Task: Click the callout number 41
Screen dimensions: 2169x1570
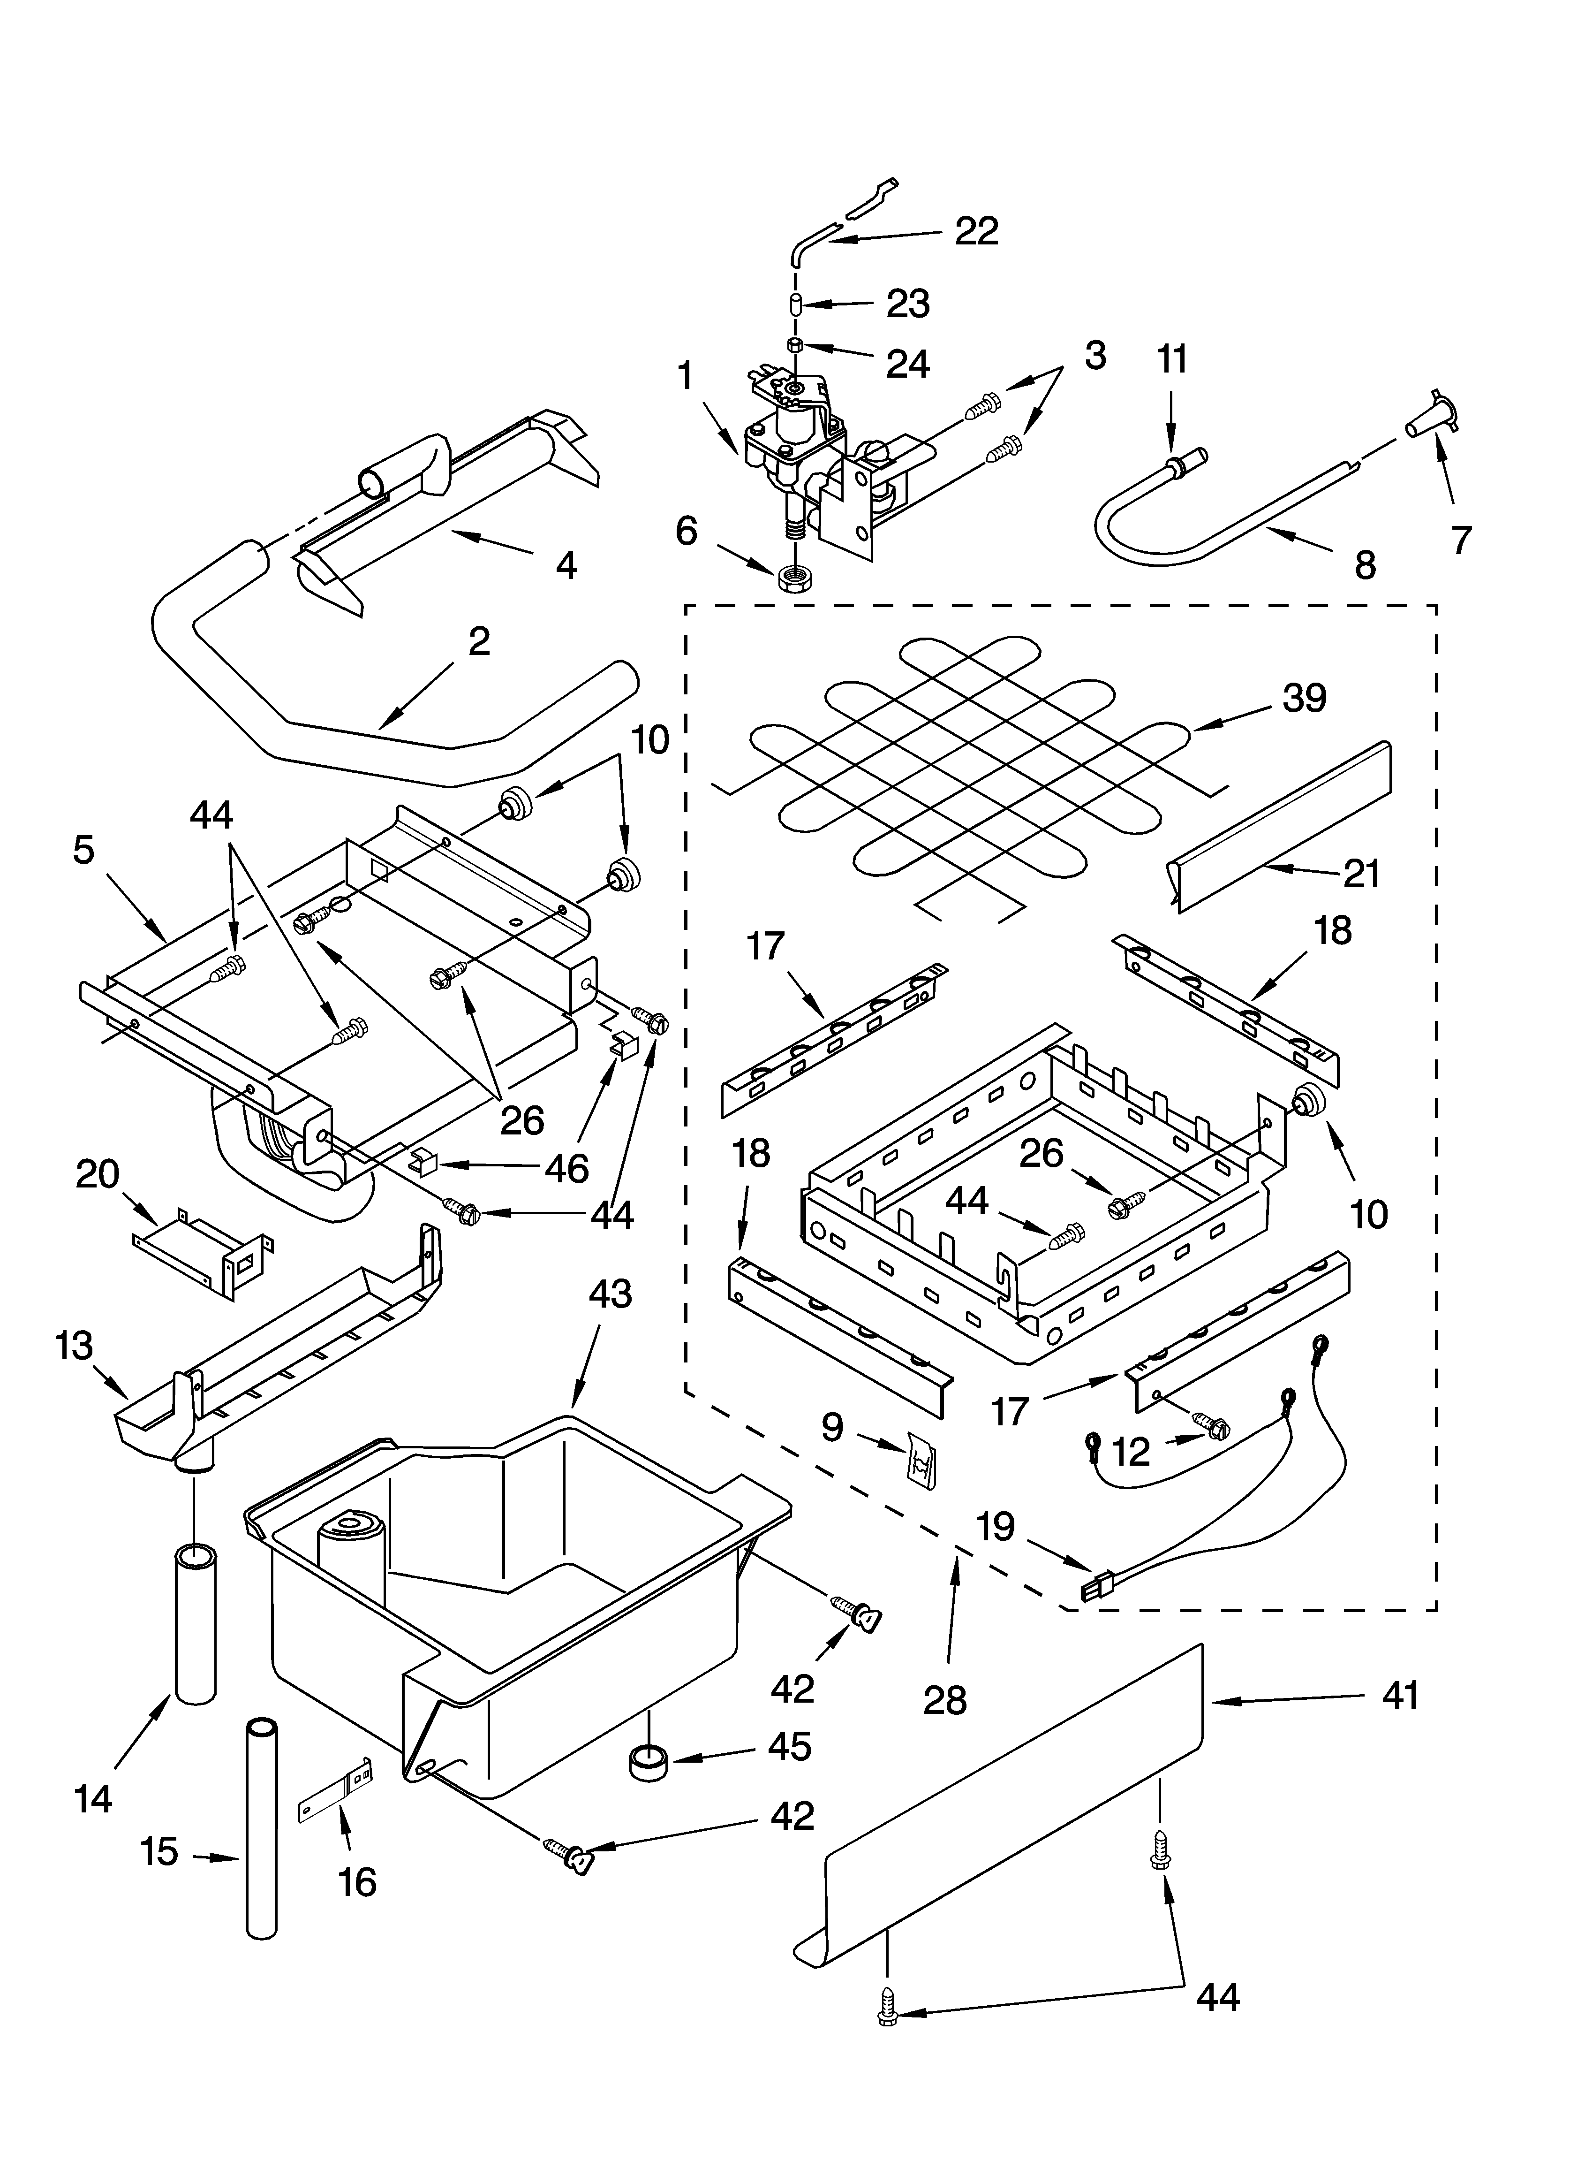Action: click(x=1400, y=1697)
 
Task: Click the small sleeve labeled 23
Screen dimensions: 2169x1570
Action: click(x=793, y=304)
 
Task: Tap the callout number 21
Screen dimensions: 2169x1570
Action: click(x=1362, y=873)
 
